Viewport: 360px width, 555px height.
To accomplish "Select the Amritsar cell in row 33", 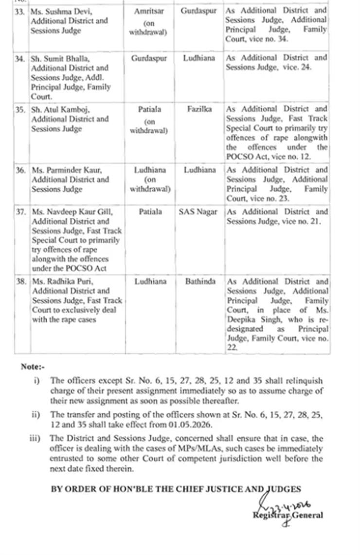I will pyautogui.click(x=149, y=11).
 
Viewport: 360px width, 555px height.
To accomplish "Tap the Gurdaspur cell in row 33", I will pyautogui.click(x=198, y=11).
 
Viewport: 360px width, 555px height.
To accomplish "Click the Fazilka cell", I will pyautogui.click(x=199, y=109).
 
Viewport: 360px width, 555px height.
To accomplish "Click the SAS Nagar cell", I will pyautogui.click(x=198, y=212).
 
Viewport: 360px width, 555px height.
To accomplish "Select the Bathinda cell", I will pyautogui.click(x=199, y=282).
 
